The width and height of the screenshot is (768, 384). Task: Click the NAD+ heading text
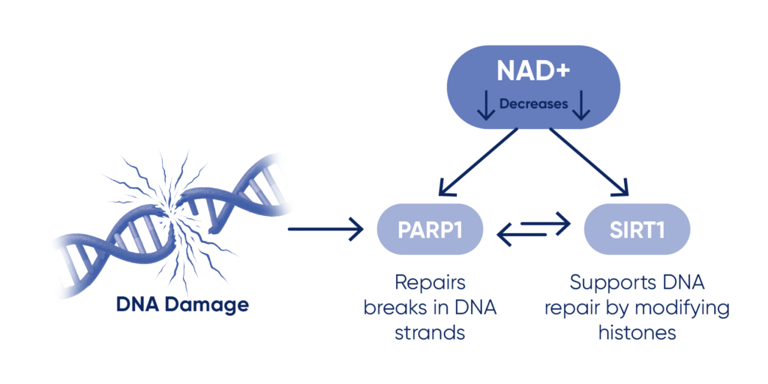click(533, 72)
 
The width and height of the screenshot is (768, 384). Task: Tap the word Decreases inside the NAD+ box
click(533, 104)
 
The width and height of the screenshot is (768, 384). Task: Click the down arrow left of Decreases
click(485, 106)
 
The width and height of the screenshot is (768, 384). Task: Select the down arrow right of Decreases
click(580, 106)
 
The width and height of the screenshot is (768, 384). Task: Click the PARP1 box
click(430, 228)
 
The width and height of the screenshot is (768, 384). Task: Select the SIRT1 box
click(635, 228)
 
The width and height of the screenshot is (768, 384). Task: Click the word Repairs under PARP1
click(430, 283)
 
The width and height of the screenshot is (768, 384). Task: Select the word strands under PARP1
click(430, 332)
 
